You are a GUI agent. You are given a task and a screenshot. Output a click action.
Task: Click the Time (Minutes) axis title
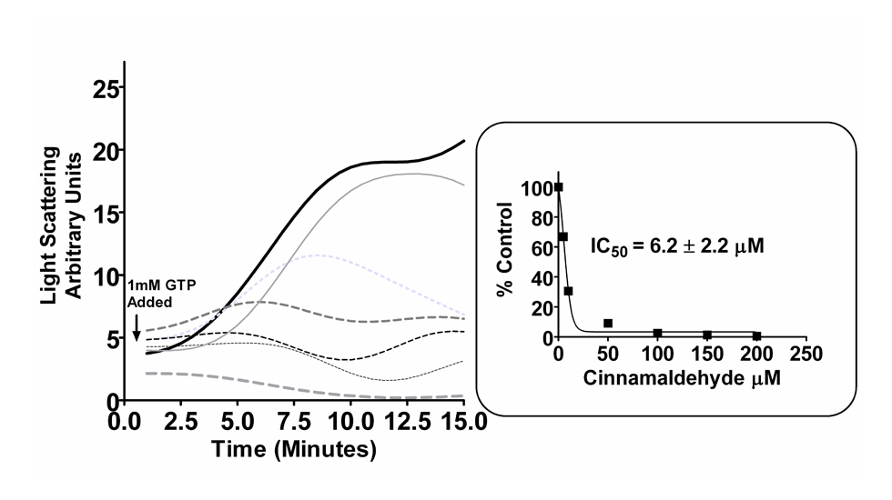(x=293, y=450)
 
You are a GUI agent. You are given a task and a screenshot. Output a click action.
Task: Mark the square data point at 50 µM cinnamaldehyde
(x=608, y=323)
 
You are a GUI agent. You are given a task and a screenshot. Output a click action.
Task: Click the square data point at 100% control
(x=558, y=187)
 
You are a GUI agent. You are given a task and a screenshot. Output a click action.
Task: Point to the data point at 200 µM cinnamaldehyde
(x=756, y=336)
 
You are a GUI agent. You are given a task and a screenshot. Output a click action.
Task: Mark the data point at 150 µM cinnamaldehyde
(x=707, y=335)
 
